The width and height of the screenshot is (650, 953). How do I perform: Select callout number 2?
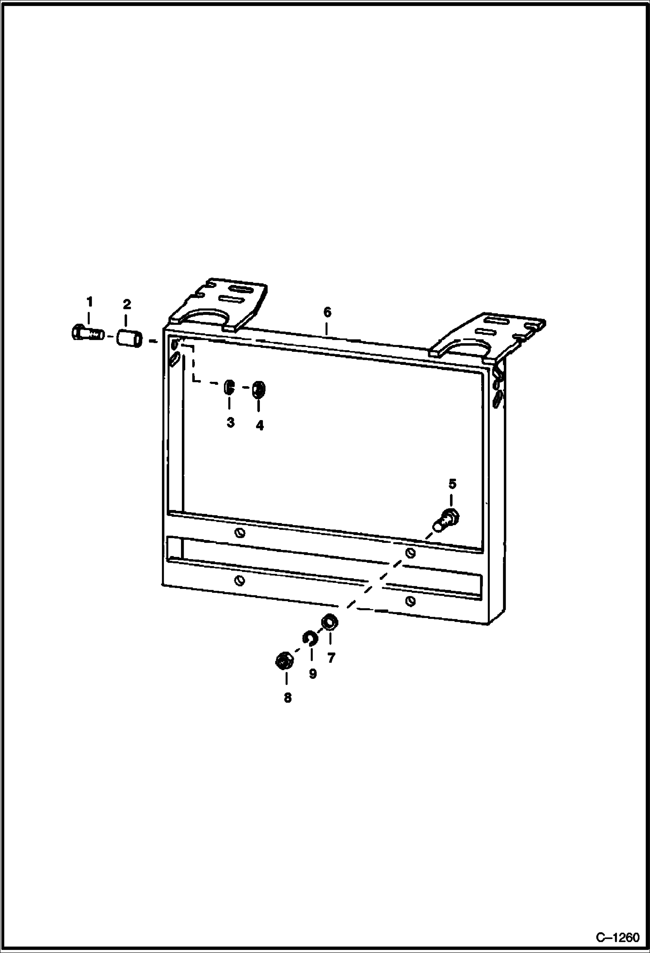click(127, 304)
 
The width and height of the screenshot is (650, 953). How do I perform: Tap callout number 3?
click(230, 422)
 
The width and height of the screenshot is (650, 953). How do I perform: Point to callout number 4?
click(259, 425)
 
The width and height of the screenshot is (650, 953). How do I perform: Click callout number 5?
click(452, 483)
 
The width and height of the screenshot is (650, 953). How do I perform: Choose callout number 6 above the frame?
click(327, 312)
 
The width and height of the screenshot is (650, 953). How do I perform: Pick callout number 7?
click(331, 658)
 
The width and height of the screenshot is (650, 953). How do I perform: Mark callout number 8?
click(288, 698)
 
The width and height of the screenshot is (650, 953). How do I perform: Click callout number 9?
click(312, 674)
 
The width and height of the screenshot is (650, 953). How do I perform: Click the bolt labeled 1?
click(86, 333)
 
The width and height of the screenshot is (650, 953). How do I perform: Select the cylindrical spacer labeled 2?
click(129, 338)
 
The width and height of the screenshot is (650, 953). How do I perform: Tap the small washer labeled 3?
click(229, 386)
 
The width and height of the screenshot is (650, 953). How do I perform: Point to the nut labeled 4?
click(259, 389)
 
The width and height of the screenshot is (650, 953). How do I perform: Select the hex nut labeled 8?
click(284, 662)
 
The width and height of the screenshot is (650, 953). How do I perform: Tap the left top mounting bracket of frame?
click(217, 304)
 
